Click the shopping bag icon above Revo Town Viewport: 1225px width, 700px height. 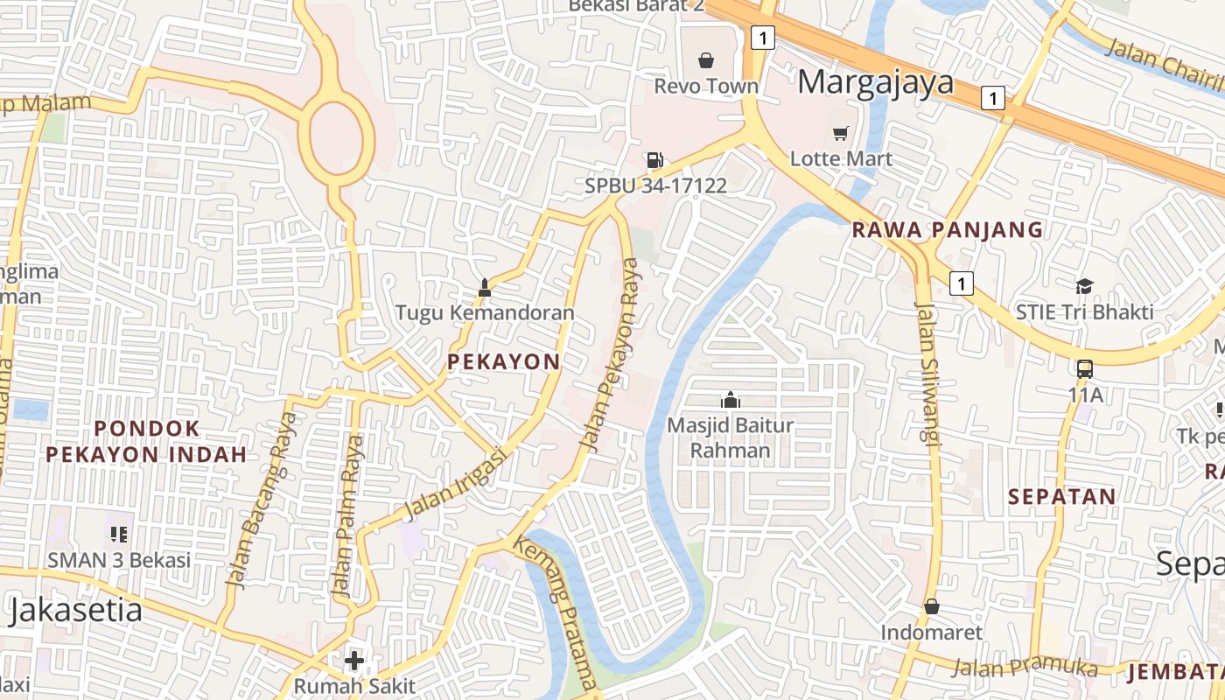point(706,60)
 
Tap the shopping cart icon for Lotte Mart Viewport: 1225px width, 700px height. point(841,133)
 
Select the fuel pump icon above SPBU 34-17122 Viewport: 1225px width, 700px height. point(654,159)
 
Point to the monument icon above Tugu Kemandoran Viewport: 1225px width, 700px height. point(485,286)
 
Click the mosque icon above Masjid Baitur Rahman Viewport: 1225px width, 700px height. point(730,400)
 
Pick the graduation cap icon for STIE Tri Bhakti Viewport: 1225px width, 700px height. point(1084,286)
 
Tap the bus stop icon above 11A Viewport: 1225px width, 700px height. point(1085,368)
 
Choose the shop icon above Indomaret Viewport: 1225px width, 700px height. point(932,605)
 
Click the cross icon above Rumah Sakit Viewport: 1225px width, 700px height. point(354,660)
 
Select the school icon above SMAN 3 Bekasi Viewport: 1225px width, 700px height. point(119,533)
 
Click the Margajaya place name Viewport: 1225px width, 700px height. point(875,82)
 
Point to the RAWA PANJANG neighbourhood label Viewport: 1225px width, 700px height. point(948,230)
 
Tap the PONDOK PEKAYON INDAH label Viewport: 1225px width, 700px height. point(146,441)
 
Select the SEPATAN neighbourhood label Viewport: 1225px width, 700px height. point(1061,497)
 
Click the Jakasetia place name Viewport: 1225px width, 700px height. point(75,610)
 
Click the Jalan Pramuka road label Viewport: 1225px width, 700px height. point(1024,667)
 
